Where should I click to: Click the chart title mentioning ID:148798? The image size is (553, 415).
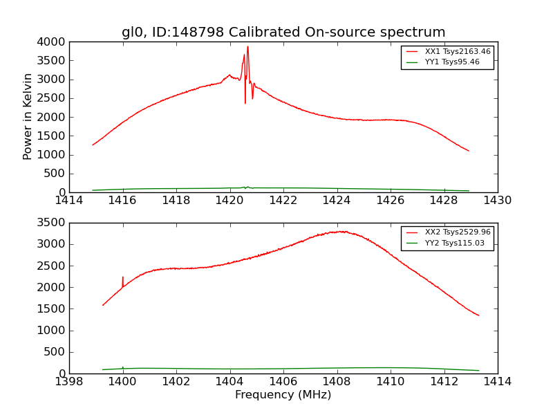pos(283,33)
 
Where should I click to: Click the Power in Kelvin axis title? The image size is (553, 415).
pos(28,116)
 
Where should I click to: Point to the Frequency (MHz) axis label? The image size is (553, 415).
pos(283,395)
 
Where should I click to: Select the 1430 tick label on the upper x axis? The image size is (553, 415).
pos(497,201)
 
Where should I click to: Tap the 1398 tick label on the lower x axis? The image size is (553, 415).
pos(69,382)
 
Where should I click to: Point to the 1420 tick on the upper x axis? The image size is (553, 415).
pos(229,201)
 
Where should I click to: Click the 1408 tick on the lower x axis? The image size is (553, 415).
pos(337,382)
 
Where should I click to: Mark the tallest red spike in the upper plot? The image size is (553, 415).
pos(247,47)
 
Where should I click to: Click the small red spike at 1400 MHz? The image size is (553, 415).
pos(123,277)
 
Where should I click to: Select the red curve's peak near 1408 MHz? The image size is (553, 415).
pos(339,231)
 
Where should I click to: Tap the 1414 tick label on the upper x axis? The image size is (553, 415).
pos(69,201)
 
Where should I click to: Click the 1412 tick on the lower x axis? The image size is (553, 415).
pos(444,382)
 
